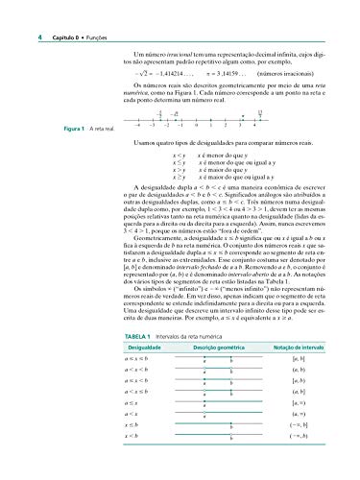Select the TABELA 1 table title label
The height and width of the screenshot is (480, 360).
point(112,313)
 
